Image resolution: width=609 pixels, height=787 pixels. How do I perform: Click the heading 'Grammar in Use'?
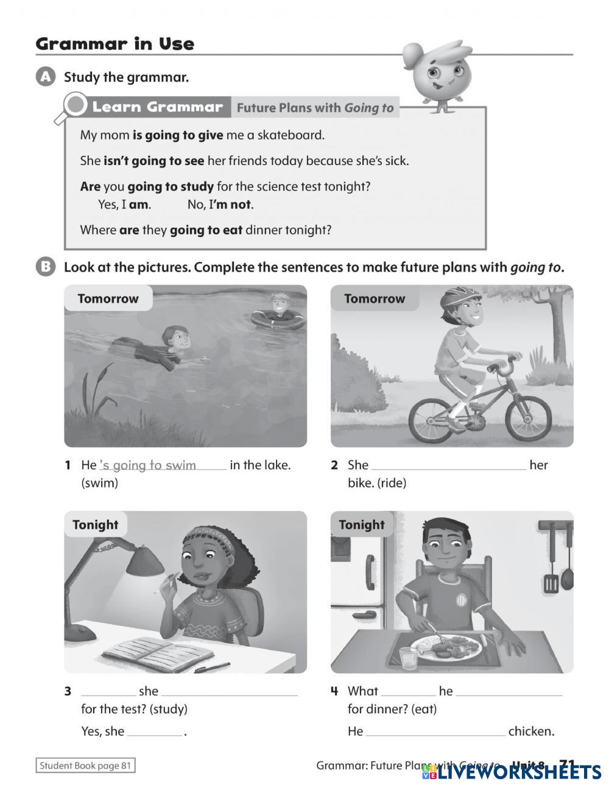click(x=114, y=44)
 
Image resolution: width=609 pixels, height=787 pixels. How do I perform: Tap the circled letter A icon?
click(x=46, y=77)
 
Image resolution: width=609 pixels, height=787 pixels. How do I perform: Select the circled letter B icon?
click(x=46, y=267)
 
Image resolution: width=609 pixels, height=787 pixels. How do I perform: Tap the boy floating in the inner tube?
click(x=278, y=314)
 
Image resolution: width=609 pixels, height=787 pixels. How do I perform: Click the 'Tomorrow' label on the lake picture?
click(x=108, y=298)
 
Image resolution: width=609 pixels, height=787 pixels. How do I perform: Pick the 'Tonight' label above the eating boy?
click(x=362, y=524)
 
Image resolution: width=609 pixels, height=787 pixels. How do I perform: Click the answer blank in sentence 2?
click(x=448, y=466)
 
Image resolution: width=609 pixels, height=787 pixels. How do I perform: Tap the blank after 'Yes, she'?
click(x=155, y=732)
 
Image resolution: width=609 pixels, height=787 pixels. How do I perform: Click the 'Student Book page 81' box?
click(x=85, y=766)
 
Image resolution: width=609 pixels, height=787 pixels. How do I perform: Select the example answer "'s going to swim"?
click(x=148, y=465)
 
